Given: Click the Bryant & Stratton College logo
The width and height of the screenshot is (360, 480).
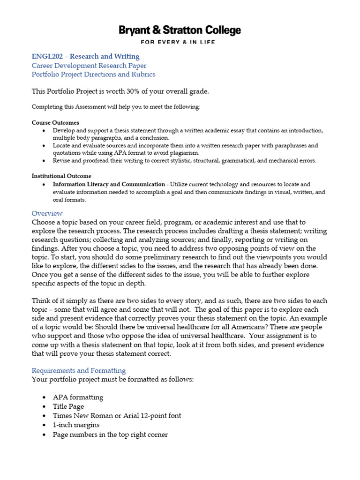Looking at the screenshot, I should coord(180,31).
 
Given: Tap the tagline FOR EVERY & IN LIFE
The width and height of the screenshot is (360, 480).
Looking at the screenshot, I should coord(180,42).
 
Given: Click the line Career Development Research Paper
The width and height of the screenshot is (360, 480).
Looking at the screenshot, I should coord(89,66).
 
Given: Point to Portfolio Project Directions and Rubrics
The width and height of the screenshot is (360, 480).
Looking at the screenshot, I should coord(93,75).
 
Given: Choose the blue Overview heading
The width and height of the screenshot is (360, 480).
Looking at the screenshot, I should coord(47,213).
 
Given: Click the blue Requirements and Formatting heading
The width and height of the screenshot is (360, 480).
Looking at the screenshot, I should coord(79,370).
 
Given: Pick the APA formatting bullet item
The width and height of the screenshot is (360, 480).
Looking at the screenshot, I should coord(78,397).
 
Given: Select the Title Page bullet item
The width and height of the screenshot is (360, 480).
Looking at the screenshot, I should coord(68,406).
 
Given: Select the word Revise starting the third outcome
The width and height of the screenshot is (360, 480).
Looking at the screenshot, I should coord(61,161).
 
